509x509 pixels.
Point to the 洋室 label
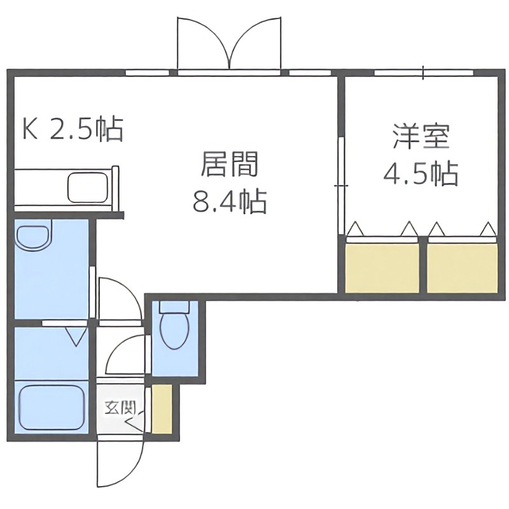point(421,137)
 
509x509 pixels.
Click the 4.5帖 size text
point(421,172)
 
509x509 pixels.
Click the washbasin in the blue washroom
point(34,239)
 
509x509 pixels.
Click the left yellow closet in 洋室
point(382,267)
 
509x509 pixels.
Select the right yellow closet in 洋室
point(462,267)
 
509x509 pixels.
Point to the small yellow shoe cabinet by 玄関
point(162,408)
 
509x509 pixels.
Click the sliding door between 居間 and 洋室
point(341,185)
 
